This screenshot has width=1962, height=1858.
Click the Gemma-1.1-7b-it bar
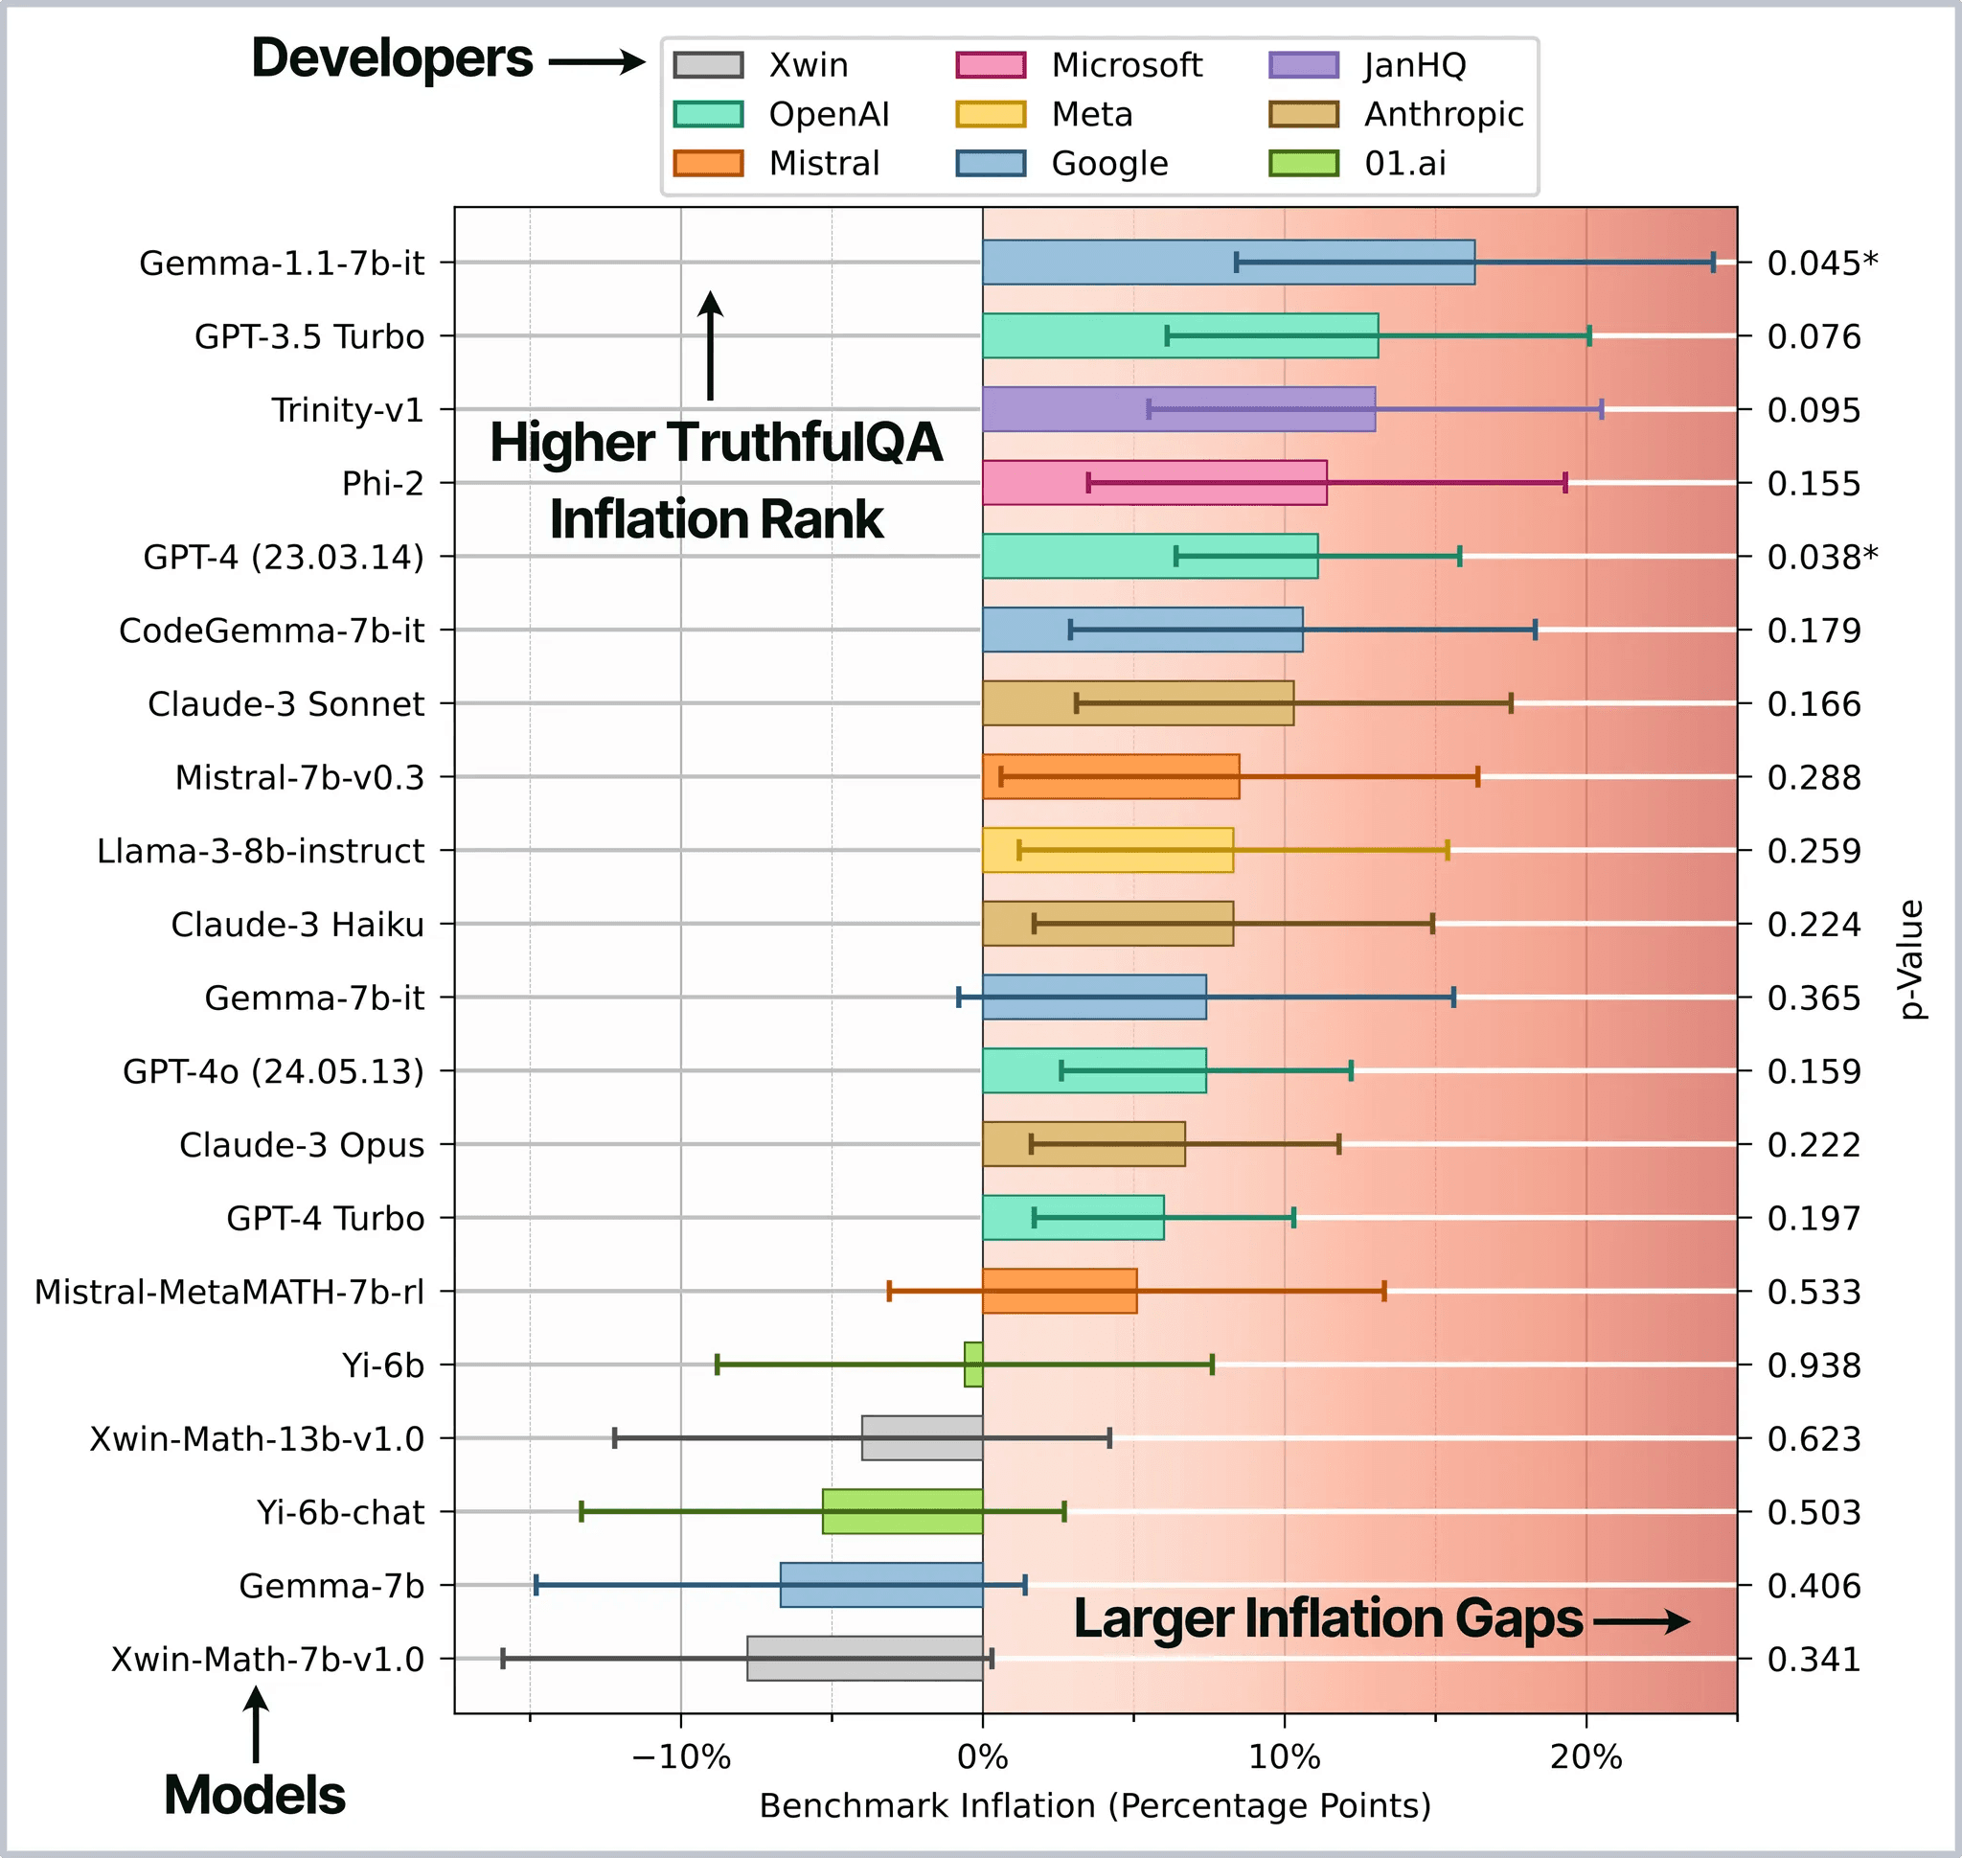click(x=1228, y=263)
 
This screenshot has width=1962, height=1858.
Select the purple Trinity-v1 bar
click(x=1178, y=409)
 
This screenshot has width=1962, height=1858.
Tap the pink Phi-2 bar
click(x=1153, y=482)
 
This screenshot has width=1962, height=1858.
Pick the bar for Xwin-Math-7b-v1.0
click(x=865, y=1658)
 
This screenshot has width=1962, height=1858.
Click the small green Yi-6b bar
click(x=973, y=1364)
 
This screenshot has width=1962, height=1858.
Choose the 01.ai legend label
click(x=1404, y=164)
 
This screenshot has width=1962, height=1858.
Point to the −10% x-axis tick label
click(x=680, y=1757)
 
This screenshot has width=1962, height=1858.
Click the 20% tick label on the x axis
click(x=1586, y=1757)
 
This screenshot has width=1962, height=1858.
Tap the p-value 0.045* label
click(x=1822, y=264)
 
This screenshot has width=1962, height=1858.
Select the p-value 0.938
click(x=1814, y=1365)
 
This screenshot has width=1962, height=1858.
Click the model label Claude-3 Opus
click(x=301, y=1145)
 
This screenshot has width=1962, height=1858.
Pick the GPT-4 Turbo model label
click(x=325, y=1218)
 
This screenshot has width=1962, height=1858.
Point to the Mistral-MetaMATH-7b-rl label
click(x=229, y=1292)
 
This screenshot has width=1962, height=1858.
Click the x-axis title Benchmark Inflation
click(x=1094, y=1805)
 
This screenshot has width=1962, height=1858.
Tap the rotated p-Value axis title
click(x=1911, y=959)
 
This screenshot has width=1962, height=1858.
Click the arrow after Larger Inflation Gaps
click(x=1640, y=1621)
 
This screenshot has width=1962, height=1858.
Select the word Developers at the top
click(x=392, y=58)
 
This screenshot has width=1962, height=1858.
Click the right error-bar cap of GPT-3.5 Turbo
click(x=1589, y=335)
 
